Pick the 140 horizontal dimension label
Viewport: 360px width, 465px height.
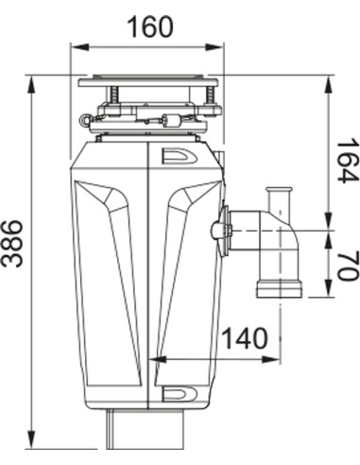[244, 337]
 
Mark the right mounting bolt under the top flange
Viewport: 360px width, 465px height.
[204, 95]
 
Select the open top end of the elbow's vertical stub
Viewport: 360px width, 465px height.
[278, 192]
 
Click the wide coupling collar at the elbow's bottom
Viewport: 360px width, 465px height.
[279, 286]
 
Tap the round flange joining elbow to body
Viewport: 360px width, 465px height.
[223, 230]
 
